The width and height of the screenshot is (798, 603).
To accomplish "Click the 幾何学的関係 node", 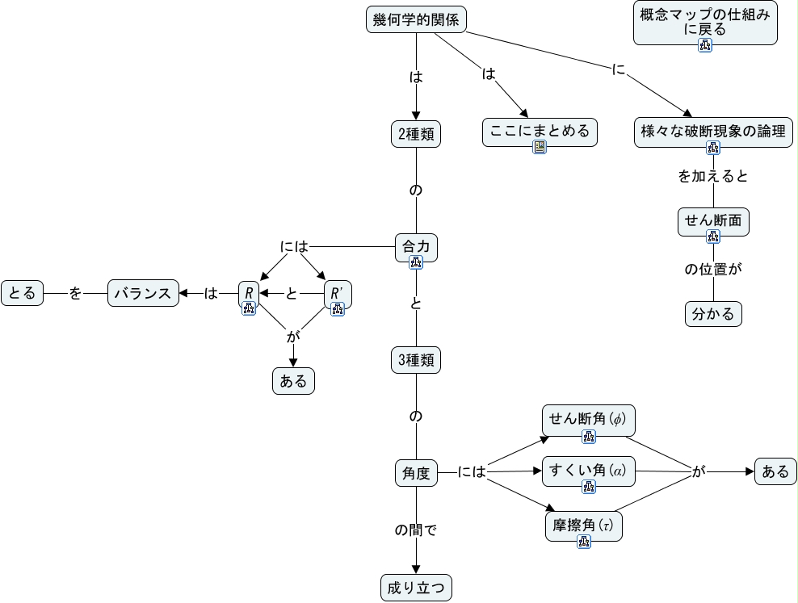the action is click(416, 20).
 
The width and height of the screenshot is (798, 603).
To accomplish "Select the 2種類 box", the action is click(416, 134).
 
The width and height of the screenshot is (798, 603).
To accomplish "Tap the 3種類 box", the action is click(416, 360).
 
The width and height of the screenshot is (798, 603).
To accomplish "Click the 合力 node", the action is click(416, 248).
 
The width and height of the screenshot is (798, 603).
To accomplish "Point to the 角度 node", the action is click(416, 473).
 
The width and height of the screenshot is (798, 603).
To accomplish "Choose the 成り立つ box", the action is click(416, 588).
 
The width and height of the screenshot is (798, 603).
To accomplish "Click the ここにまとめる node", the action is click(540, 132).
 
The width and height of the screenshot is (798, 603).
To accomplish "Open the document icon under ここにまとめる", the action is click(540, 147).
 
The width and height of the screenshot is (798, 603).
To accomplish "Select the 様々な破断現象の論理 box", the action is click(713, 132).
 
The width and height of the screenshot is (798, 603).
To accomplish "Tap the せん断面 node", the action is click(713, 222).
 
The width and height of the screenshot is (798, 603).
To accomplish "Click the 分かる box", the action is click(713, 314).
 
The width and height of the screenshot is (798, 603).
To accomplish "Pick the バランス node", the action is click(143, 293).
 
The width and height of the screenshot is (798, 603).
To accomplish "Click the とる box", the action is click(23, 293).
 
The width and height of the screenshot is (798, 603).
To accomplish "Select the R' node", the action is click(338, 294).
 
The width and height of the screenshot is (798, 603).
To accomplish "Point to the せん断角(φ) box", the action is click(588, 421).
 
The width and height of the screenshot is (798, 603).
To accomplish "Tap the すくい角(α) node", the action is click(588, 471).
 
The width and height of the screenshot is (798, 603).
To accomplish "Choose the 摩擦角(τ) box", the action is click(584, 526).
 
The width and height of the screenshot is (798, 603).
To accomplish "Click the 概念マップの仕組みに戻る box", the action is click(705, 23).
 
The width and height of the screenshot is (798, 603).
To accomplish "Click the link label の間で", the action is click(416, 530).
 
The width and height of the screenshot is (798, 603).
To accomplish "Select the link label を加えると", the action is click(713, 177).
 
